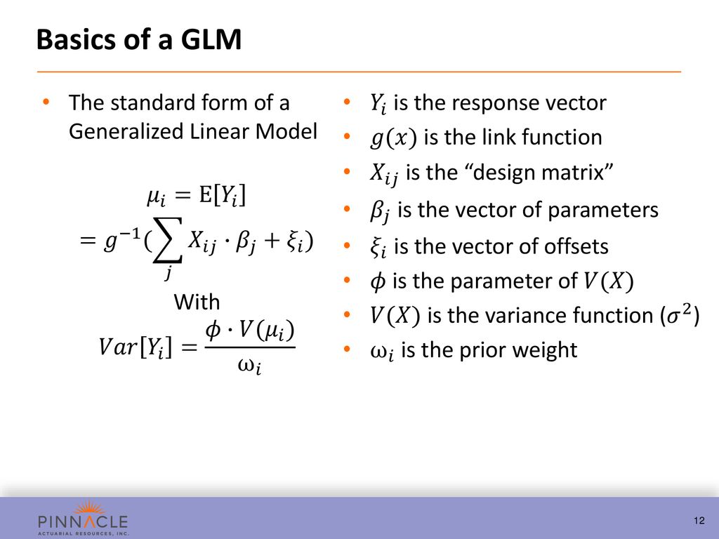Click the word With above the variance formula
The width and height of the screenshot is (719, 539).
197,302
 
